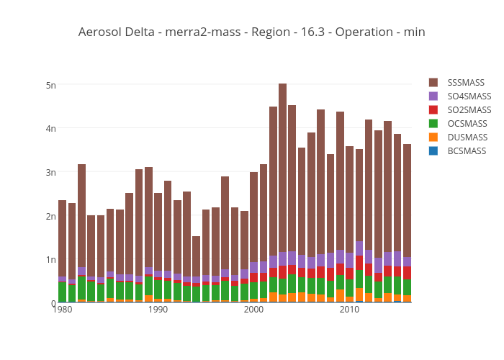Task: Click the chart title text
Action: pos(251,32)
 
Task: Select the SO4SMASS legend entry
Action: pos(469,96)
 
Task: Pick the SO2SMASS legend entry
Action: pos(469,110)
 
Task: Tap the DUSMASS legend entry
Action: pos(467,138)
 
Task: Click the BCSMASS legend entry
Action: pos(467,151)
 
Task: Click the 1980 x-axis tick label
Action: pos(63,310)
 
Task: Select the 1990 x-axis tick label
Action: pos(158,310)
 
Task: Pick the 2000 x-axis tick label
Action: pos(253,310)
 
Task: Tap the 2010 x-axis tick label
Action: pos(349,310)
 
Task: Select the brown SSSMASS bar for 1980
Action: pos(63,238)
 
